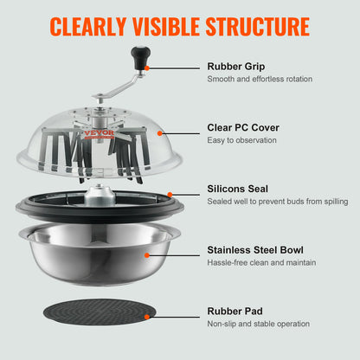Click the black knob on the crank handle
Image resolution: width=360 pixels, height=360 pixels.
136,56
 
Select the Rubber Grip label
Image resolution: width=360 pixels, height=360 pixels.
235,66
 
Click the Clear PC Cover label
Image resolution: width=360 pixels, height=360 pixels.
243,127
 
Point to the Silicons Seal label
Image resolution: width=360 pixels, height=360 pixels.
238,188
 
